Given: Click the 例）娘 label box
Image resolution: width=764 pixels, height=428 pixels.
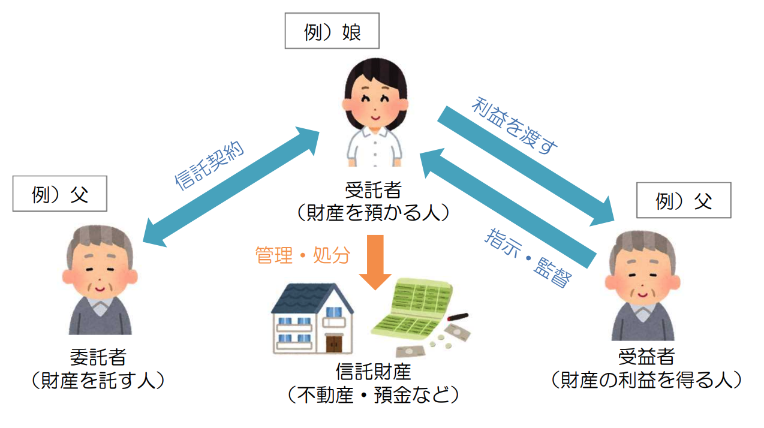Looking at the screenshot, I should [x=332, y=32].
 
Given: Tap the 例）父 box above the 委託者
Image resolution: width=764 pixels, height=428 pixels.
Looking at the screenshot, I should [x=59, y=194].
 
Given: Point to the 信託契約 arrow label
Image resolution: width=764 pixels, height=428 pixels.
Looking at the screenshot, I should [x=209, y=167].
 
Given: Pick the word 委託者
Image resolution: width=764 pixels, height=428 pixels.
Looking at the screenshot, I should [x=98, y=358].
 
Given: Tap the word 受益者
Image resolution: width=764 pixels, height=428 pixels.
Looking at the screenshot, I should [x=646, y=358].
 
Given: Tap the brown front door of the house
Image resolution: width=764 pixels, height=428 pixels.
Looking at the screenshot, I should [x=334, y=343].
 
